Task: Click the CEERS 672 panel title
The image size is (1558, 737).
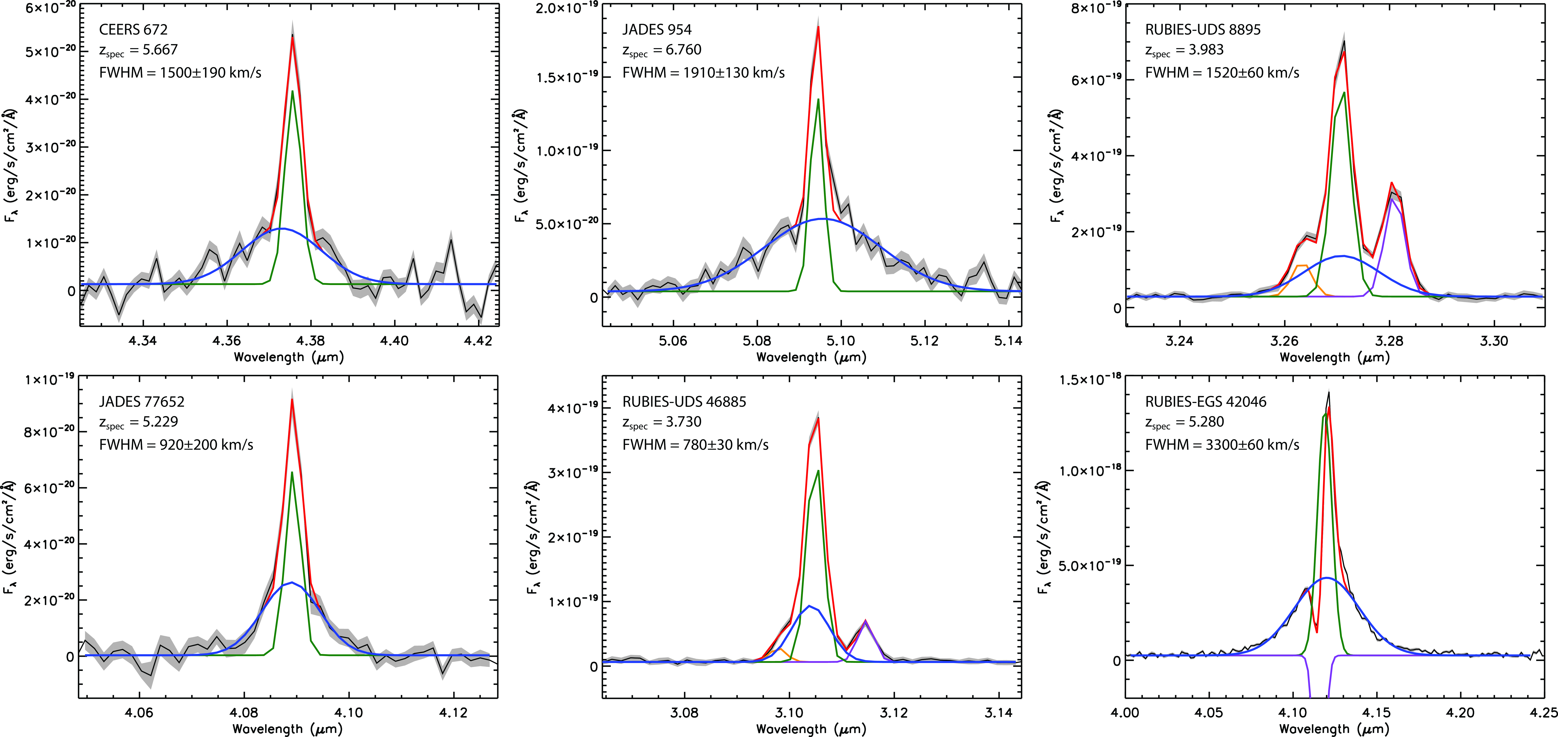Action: coord(133,29)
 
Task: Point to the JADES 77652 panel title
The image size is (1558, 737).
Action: coord(141,401)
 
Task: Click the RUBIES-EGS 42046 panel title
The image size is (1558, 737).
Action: coord(1205,401)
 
